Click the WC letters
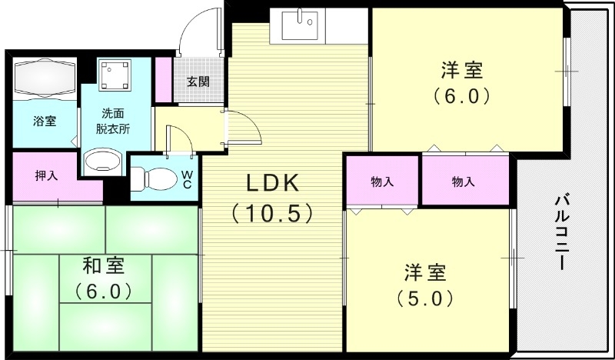(x=186, y=179)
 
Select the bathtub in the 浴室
(x=43, y=78)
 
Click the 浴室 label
(x=44, y=121)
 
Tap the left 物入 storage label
(x=382, y=182)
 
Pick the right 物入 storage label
(x=463, y=182)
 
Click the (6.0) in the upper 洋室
(x=461, y=96)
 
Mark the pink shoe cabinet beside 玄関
(x=163, y=78)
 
